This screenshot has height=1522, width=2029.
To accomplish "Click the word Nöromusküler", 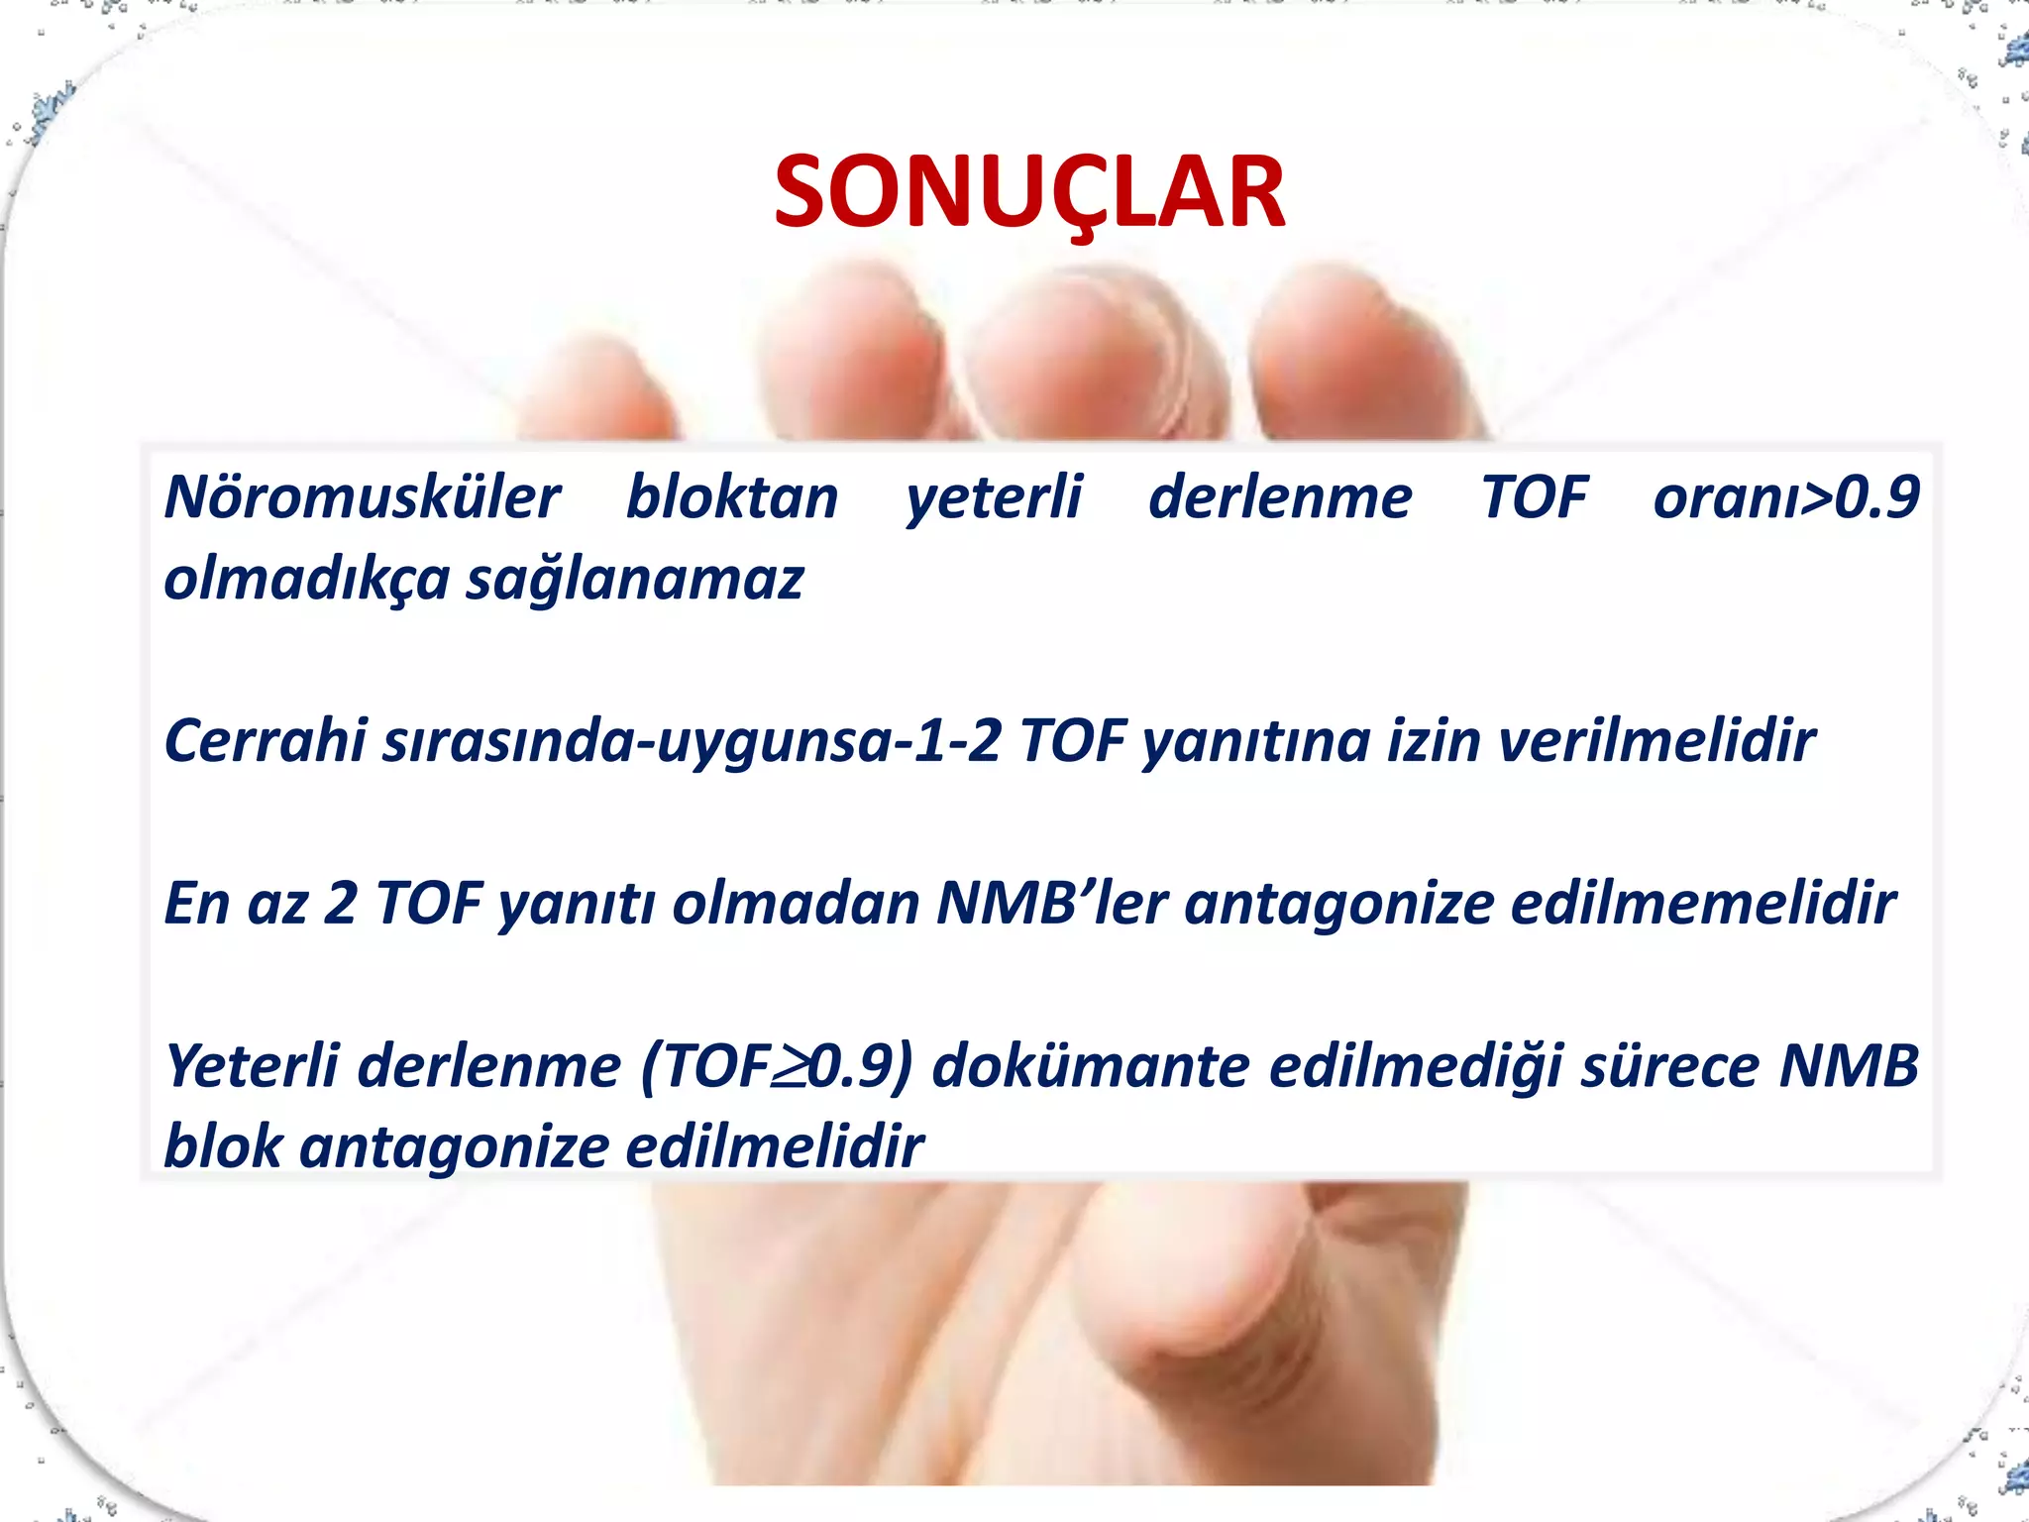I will (362, 497).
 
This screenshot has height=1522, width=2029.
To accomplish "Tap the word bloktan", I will (732, 497).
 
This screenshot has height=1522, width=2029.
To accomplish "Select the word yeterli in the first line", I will (994, 497).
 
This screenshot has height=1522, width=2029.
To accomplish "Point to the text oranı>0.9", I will (1786, 497).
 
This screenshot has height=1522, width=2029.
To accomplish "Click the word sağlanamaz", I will (634, 579).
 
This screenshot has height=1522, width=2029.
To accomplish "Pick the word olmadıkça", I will (306, 579).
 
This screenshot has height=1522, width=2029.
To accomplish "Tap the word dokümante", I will (1090, 1066).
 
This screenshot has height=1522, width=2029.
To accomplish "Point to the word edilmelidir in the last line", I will (774, 1147).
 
